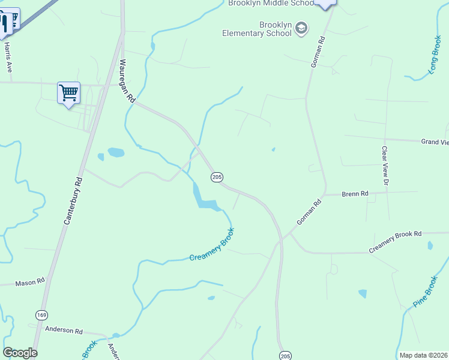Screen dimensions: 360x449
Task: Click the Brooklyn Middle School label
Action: pos(271,3)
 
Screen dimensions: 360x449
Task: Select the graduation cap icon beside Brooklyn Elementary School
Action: pos(301,28)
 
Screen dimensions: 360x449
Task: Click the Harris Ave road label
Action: pos(8,58)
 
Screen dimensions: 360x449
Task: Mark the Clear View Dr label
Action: pos(385,165)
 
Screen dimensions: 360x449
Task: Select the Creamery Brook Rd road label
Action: pos(396,241)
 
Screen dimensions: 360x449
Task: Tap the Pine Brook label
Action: pos(426,292)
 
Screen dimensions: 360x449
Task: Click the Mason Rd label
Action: pos(30,282)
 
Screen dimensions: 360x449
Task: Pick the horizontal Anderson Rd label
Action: pos(63,331)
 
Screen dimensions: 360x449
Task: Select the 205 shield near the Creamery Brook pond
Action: pos(217,177)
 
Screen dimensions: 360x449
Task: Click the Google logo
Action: pos(20,353)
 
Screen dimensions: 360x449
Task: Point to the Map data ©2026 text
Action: pos(423,355)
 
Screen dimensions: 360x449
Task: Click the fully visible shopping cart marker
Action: pos(69,93)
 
